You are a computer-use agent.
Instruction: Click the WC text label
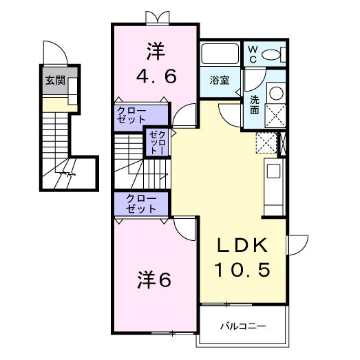pyautogui.click(x=252, y=54)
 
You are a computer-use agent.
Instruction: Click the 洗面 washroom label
pyautogui.click(x=253, y=103)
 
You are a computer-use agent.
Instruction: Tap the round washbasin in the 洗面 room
pyautogui.click(x=275, y=92)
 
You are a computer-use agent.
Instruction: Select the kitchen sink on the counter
pyautogui.click(x=273, y=171)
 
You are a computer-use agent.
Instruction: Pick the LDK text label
pyautogui.click(x=240, y=245)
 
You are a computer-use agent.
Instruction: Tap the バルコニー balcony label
pyautogui.click(x=242, y=325)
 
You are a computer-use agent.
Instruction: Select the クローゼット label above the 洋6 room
pyautogui.click(x=141, y=203)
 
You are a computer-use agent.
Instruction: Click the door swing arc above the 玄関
pyautogui.click(x=54, y=52)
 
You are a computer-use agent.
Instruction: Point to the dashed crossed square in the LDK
pyautogui.click(x=264, y=142)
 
